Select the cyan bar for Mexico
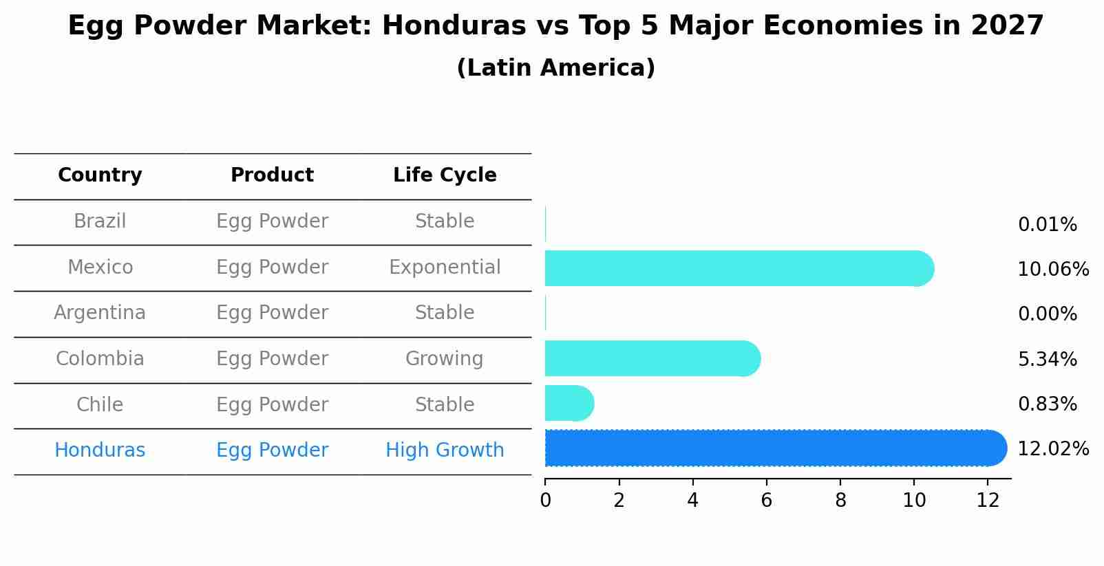tap(736, 268)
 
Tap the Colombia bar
tap(650, 358)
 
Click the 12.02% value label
tap(1052, 449)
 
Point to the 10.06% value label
tap(1052, 269)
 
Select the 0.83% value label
tap(1047, 404)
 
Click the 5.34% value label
tap(1047, 359)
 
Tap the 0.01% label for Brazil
tap(1047, 225)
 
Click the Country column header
tap(100, 175)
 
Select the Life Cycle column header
tap(445, 175)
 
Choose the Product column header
tap(272, 175)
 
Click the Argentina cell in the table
tap(100, 313)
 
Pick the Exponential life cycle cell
tap(445, 267)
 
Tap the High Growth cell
tap(445, 450)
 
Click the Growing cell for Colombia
tap(445, 359)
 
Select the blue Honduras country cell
tap(100, 450)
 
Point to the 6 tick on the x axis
tap(766, 501)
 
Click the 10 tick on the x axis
tap(914, 501)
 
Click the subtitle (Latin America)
tap(555, 68)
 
